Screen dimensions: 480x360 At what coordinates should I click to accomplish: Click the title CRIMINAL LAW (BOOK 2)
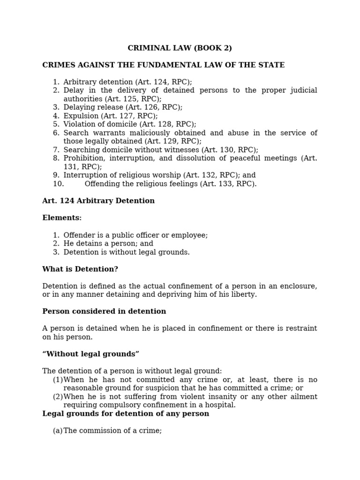[x=180, y=48]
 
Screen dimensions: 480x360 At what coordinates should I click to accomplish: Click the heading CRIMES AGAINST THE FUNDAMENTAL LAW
[x=163, y=65]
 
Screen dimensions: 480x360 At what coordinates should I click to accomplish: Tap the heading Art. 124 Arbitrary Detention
[x=98, y=201]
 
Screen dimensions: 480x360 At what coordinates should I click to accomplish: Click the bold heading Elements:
[x=62, y=218]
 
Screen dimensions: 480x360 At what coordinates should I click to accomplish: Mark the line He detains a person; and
[x=108, y=244]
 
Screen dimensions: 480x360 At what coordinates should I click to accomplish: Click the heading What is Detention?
[x=80, y=269]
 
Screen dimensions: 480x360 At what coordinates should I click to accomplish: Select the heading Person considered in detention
[x=104, y=312]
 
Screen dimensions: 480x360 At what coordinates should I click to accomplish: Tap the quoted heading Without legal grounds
[x=90, y=354]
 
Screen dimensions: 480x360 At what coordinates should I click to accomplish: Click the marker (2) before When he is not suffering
[x=58, y=397]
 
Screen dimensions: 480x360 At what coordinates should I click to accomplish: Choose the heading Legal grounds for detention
[x=126, y=414]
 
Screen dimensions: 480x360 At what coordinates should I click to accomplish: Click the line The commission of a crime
[x=112, y=431]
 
